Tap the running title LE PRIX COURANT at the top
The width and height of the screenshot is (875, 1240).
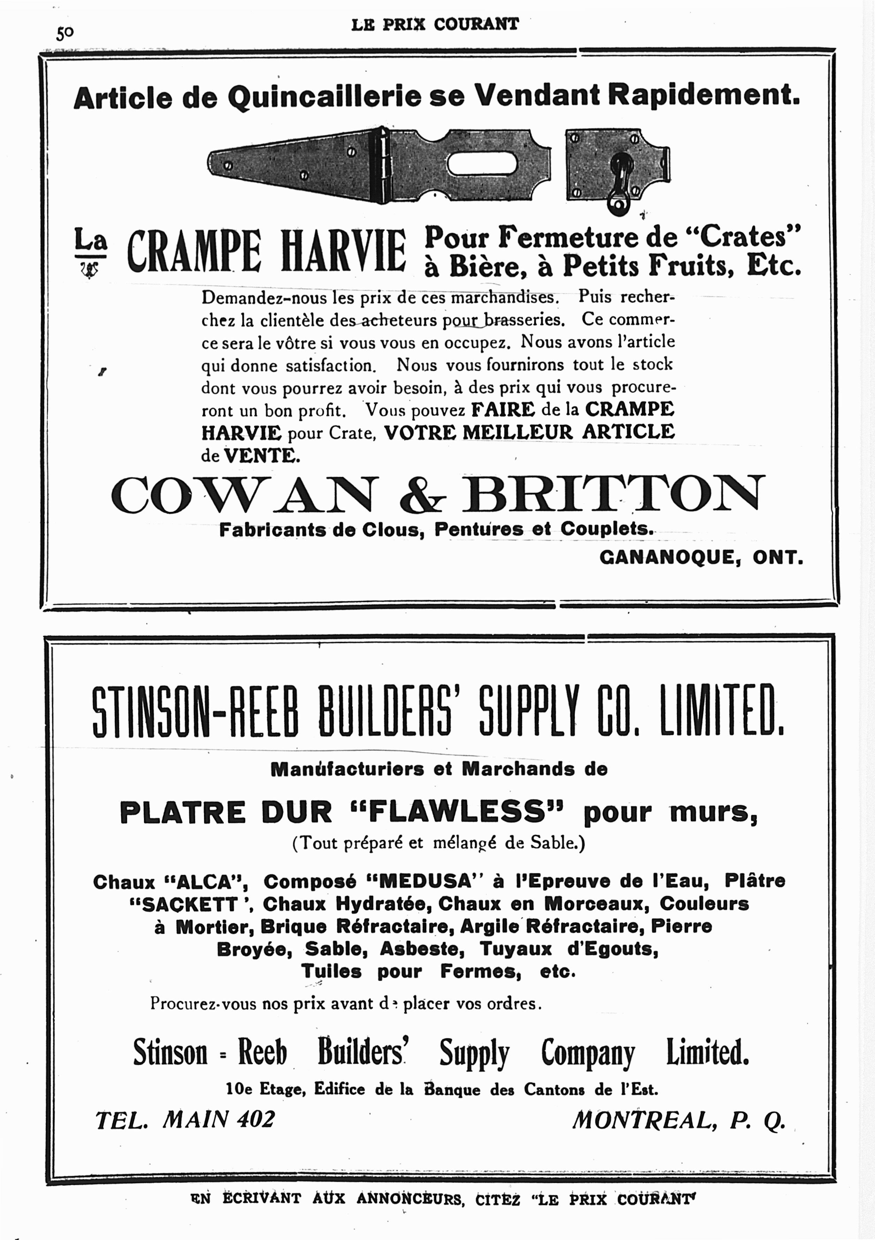(x=435, y=24)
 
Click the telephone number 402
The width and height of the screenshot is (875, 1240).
(x=255, y=1119)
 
